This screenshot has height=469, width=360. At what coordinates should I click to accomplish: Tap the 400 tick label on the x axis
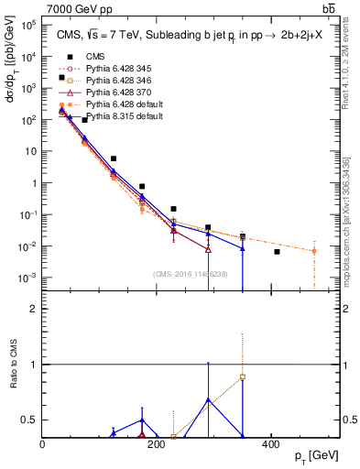[270, 445]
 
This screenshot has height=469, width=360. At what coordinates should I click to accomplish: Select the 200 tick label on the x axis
[157, 445]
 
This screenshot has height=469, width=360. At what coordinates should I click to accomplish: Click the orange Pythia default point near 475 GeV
[314, 251]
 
